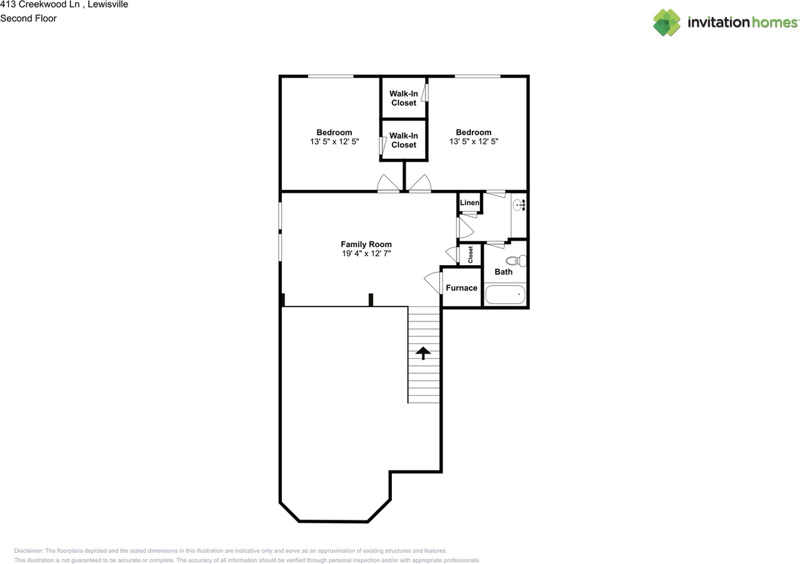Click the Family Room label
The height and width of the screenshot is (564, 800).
[x=366, y=244]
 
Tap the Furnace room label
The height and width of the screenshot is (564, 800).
[x=461, y=288]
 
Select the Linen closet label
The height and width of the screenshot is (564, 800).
[x=469, y=203]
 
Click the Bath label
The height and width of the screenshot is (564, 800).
[x=504, y=271]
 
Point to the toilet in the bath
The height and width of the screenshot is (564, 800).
[x=516, y=261]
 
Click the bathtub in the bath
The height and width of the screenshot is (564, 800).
[x=505, y=295]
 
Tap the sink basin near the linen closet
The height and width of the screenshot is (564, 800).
[x=518, y=205]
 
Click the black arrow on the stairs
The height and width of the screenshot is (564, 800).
[x=423, y=353]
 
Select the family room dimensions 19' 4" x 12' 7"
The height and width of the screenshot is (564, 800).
[x=366, y=253]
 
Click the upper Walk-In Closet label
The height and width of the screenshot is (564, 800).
[x=404, y=98]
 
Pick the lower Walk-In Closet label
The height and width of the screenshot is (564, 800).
[x=404, y=140]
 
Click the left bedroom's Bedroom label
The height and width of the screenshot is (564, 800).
[x=334, y=132]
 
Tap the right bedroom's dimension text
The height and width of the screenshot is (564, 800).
[x=474, y=141]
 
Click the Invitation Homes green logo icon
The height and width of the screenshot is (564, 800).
[x=667, y=23]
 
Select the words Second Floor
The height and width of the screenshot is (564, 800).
[x=28, y=18]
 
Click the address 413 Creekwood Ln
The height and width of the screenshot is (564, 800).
[x=39, y=4]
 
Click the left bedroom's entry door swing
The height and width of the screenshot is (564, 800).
[x=388, y=184]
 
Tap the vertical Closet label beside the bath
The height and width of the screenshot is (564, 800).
[x=471, y=254]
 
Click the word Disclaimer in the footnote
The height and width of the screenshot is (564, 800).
[x=29, y=551]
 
